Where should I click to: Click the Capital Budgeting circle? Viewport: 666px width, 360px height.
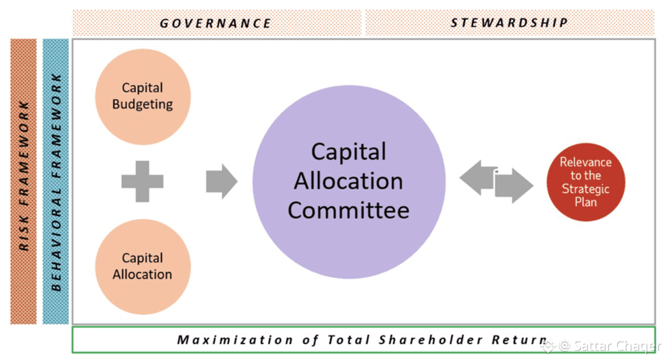pyautogui.click(x=142, y=96)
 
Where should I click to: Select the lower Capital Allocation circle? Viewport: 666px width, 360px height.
pyautogui.click(x=142, y=267)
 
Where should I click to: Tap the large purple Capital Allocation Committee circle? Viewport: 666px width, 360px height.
pyautogui.click(x=348, y=182)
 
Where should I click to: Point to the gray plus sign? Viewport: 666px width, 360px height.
pyautogui.click(x=142, y=182)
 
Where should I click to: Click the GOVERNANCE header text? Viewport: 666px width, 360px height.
pyautogui.click(x=215, y=23)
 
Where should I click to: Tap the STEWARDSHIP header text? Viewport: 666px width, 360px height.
pyautogui.click(x=509, y=23)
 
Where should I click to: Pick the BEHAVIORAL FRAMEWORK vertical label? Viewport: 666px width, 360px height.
pyautogui.click(x=56, y=181)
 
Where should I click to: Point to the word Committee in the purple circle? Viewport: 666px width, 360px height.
pyautogui.click(x=348, y=210)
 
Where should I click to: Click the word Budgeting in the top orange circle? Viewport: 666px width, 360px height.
pyautogui.click(x=142, y=104)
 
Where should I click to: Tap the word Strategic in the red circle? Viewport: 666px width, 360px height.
pyautogui.click(x=585, y=189)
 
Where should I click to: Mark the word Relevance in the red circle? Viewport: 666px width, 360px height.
pyautogui.click(x=585, y=162)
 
